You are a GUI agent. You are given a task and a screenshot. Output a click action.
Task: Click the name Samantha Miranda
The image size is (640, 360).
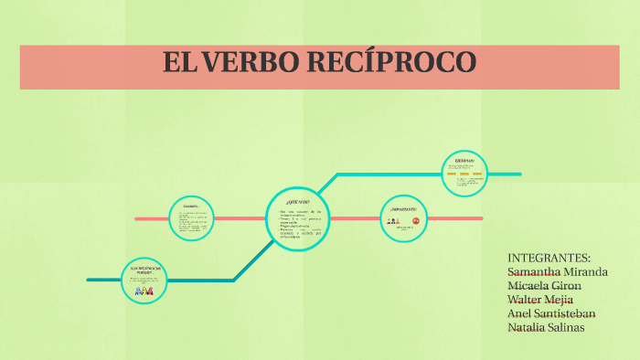(558, 271)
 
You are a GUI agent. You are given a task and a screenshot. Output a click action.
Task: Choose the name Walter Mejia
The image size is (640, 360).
(540, 299)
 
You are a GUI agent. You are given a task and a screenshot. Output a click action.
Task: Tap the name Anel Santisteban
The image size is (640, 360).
(557, 313)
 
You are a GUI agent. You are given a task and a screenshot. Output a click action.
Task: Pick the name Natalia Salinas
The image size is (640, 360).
(546, 327)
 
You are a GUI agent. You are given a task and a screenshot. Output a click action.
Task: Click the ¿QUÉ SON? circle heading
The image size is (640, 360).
(299, 200)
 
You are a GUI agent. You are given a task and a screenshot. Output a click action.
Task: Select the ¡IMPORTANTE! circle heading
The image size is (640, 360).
(403, 209)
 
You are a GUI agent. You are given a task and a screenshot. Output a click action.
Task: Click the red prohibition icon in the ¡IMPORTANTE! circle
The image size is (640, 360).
(416, 221)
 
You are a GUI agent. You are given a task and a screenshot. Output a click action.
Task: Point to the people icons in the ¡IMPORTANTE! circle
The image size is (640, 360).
(393, 221)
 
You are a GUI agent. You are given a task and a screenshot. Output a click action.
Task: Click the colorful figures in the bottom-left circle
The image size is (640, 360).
(144, 291)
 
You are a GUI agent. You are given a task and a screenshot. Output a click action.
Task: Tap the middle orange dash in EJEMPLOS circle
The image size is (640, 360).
(464, 174)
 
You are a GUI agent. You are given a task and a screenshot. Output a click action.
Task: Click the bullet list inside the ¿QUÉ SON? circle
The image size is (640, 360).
(299, 224)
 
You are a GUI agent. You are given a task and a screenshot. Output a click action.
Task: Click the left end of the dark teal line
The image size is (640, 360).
(89, 280)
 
